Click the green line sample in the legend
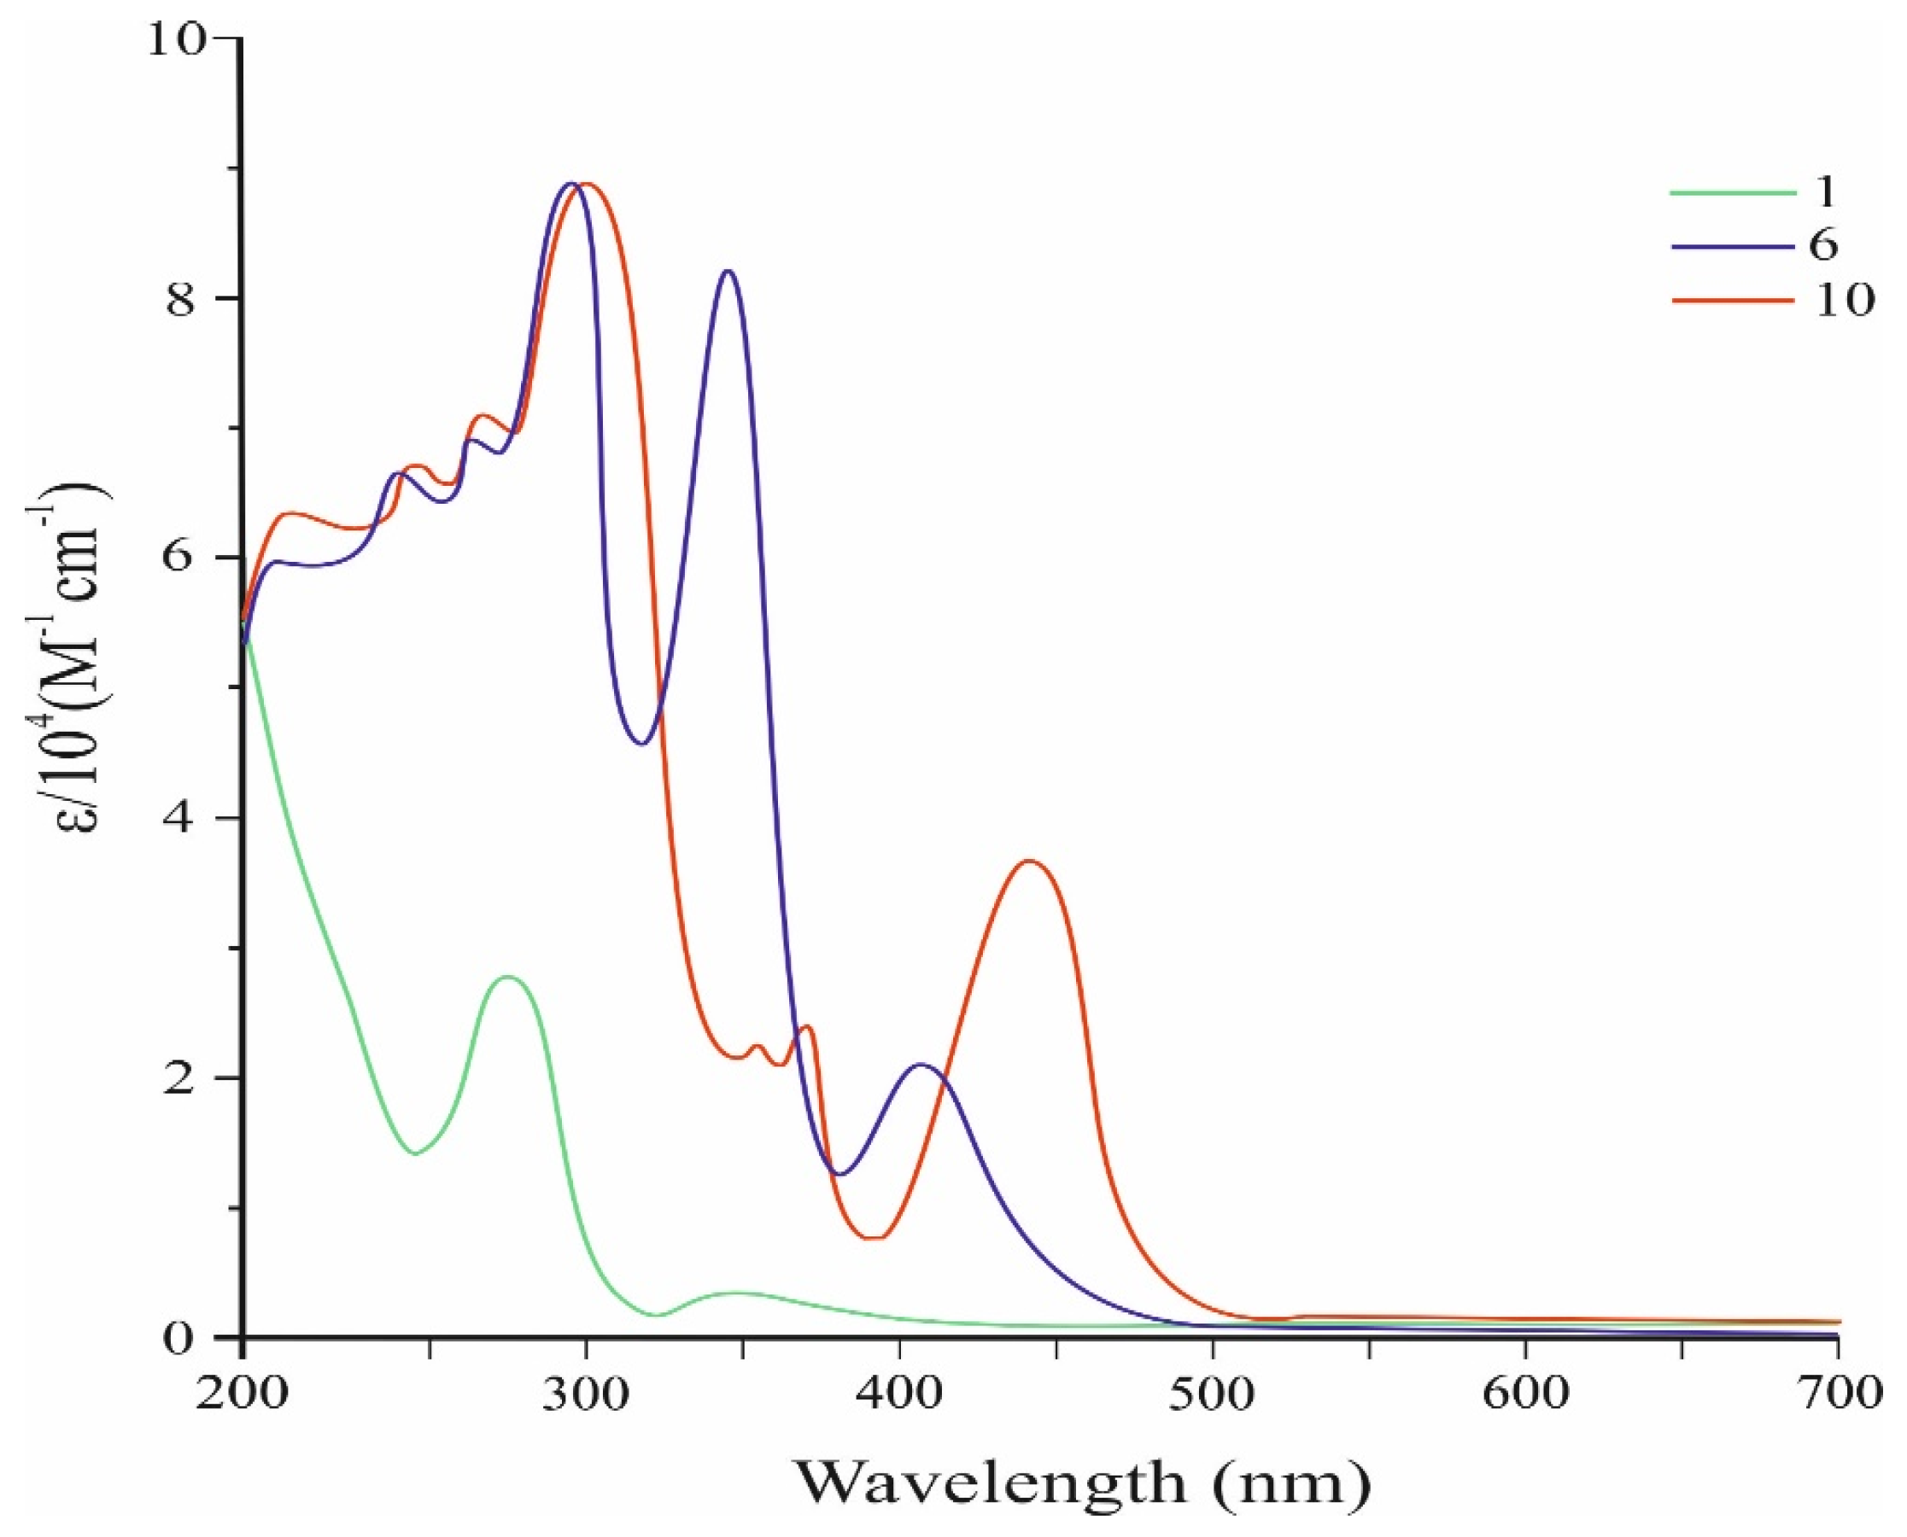point(1731,192)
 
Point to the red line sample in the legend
point(1731,301)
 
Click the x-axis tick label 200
point(240,1394)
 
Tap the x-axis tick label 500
point(1211,1394)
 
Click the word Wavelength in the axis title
point(992,1483)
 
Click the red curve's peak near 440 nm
point(1028,861)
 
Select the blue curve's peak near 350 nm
point(728,271)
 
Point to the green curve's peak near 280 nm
point(509,977)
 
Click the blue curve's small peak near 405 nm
point(921,1064)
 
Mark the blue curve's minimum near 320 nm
point(643,744)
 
